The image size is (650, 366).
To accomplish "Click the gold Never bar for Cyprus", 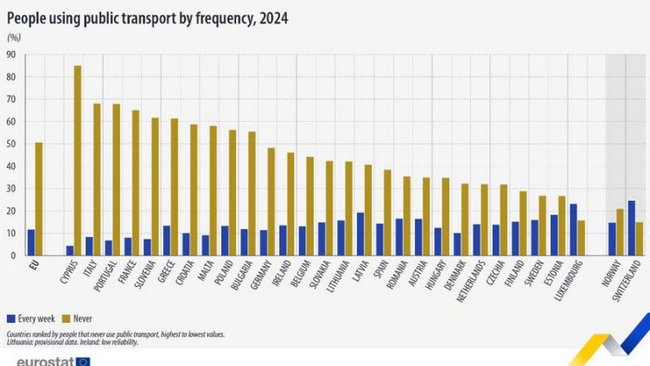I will (x=78, y=160).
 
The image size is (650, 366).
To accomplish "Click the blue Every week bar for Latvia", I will (x=360, y=234).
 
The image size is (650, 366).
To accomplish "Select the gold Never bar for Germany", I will (x=271, y=202).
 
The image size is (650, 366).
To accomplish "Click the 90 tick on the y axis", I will (x=10, y=55).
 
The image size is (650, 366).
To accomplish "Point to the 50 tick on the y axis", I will (x=10, y=144).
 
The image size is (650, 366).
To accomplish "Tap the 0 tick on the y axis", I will (x=13, y=255).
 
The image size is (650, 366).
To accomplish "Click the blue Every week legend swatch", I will (x=10, y=319).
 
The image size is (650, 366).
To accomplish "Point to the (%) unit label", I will (x=14, y=37).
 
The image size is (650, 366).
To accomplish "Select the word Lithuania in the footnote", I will (x=22, y=341).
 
